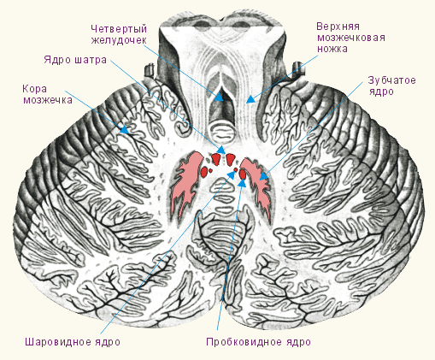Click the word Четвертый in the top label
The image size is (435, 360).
coord(119,29)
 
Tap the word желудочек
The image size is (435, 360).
coord(119,40)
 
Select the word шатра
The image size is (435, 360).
coord(91,60)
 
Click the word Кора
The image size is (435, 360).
coord(34,89)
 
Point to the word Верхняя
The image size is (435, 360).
coord(338,27)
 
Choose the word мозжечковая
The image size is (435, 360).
coord(351,38)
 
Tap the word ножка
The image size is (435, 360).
coord(332,49)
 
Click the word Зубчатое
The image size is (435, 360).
coord(391,80)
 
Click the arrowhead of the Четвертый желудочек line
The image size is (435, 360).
coord(220,97)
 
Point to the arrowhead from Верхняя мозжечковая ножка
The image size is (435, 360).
coord(250,99)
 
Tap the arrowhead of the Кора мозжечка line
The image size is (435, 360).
coord(125,130)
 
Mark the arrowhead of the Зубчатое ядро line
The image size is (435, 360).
coord(264,176)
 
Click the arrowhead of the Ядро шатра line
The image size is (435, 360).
coord(221,149)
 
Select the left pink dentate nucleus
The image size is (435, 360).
coord(185,182)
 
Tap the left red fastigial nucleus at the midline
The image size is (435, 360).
coord(215,159)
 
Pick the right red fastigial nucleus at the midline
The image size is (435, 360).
coord(230,159)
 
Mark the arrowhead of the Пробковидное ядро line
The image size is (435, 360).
coord(242,183)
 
